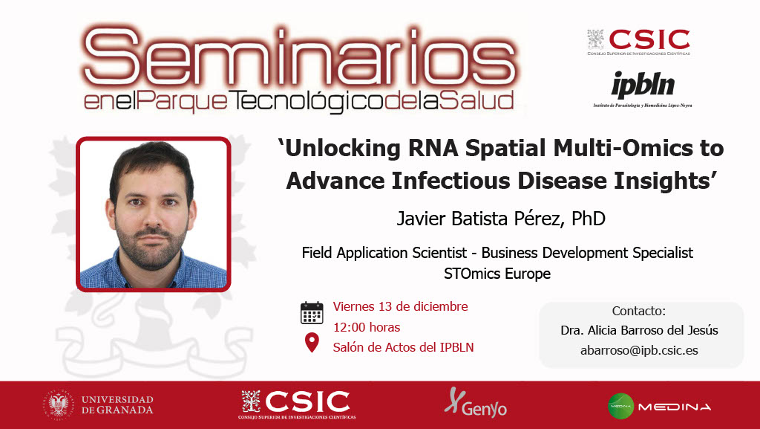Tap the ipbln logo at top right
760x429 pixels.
click(x=643, y=89)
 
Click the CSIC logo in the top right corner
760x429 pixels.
click(x=639, y=42)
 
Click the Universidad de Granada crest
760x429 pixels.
click(x=59, y=404)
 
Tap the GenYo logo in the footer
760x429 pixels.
click(x=476, y=402)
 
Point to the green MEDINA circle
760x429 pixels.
click(x=621, y=406)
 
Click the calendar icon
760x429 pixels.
click(x=312, y=312)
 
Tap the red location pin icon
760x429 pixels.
click(x=312, y=343)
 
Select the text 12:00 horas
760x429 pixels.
click(x=367, y=327)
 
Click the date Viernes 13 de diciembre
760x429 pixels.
click(x=400, y=306)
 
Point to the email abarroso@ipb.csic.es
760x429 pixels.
click(x=639, y=350)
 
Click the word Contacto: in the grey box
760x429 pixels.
click(x=639, y=311)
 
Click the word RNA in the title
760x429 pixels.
click(x=433, y=148)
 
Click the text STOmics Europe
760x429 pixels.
click(x=497, y=274)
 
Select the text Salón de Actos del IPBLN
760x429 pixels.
click(x=403, y=347)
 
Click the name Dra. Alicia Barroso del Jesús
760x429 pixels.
click(x=639, y=330)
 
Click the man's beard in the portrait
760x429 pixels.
click(x=151, y=248)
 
